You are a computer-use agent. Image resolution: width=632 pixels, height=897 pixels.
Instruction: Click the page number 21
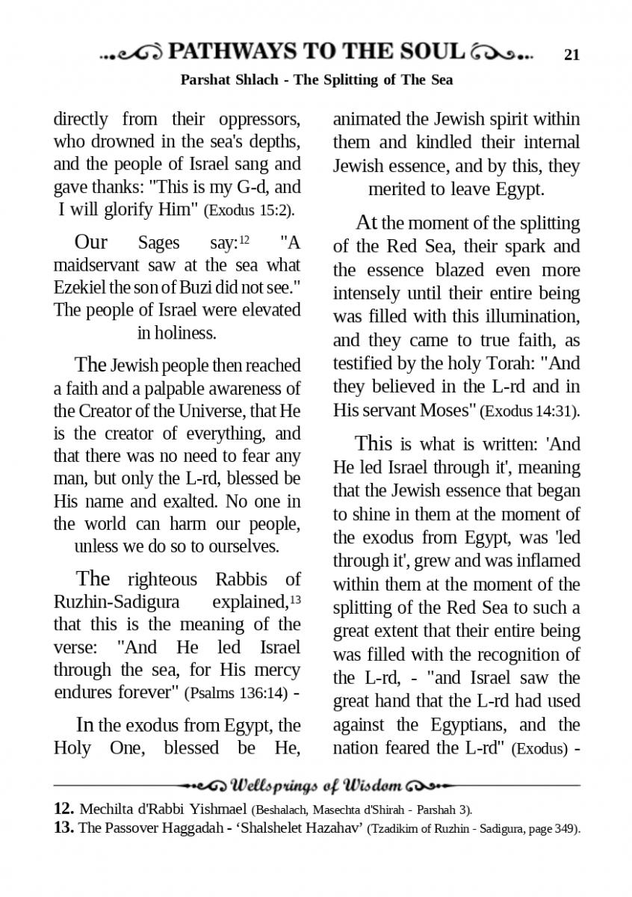coord(572,55)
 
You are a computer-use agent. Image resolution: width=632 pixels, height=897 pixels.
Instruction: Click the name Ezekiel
coord(81,288)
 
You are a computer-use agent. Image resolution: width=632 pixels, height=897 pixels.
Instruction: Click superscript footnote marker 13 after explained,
coord(296,599)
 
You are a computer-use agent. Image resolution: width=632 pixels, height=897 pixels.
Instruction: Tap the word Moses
coord(448,410)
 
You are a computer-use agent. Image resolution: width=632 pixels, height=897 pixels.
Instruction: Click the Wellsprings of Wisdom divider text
coord(317,786)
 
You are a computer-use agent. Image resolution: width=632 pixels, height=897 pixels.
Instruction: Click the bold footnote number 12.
coord(63,809)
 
